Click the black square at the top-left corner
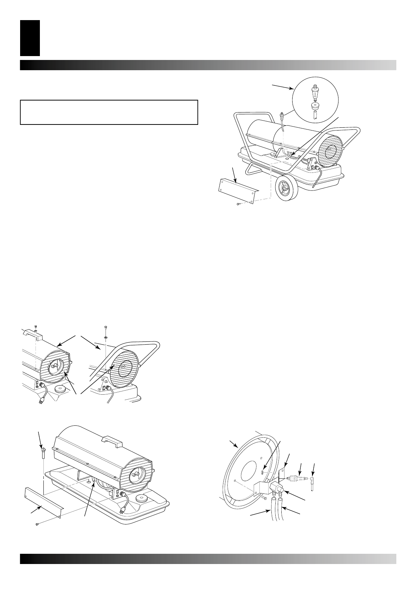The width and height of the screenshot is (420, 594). tap(30, 38)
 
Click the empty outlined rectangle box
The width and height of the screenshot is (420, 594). tap(109, 112)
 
